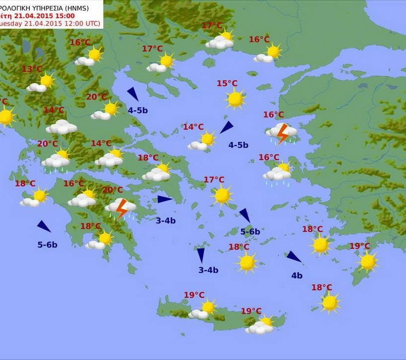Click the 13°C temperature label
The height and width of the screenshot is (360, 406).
[x=32, y=69]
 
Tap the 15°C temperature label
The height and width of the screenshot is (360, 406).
[x=227, y=83]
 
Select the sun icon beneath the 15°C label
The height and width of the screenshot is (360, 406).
[x=235, y=99]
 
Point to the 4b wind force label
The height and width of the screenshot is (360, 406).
[x=297, y=275]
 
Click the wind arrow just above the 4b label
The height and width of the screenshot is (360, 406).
[x=293, y=257]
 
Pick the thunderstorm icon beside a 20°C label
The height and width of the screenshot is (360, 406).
[x=120, y=208]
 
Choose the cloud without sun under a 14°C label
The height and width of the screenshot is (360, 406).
[x=61, y=127]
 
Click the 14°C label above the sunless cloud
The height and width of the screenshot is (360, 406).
[x=53, y=110]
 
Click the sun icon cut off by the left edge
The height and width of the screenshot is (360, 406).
[x=5, y=117]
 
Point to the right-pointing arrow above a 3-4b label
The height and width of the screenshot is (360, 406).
[x=164, y=199]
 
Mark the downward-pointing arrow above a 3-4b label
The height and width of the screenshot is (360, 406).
[x=201, y=255]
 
